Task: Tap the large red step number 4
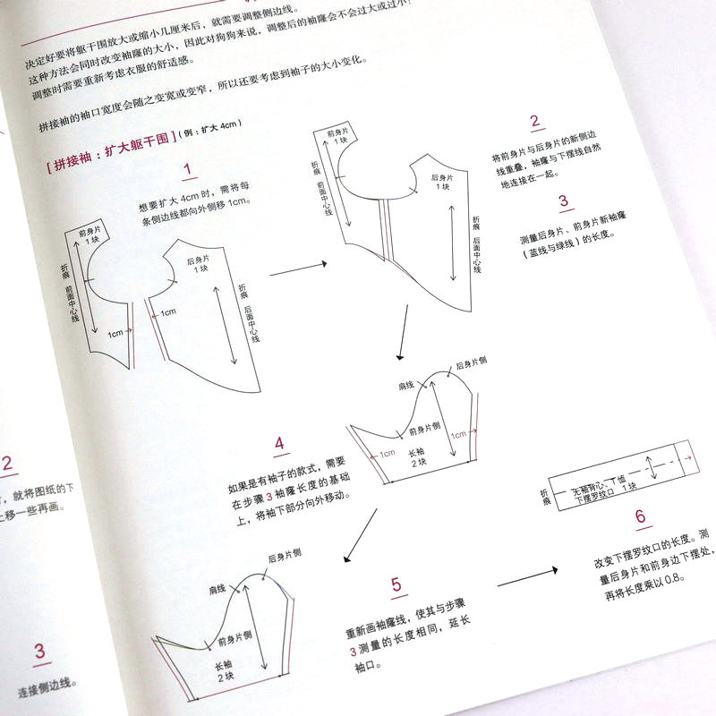279,444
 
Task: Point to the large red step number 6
639,517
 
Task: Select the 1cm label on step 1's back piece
166,313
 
